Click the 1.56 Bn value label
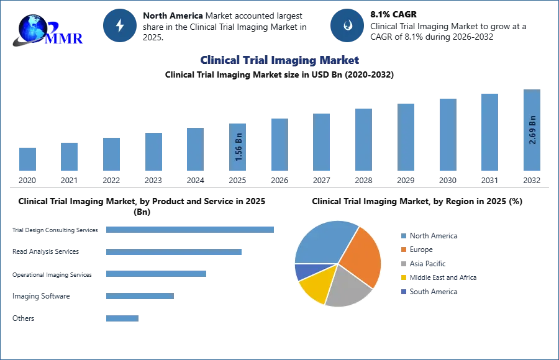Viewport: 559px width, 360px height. point(239,148)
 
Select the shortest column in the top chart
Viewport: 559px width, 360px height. point(27,160)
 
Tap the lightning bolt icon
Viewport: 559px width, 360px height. point(120,25)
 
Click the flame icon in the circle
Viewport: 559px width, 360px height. point(347,25)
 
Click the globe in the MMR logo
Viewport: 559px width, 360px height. point(32,28)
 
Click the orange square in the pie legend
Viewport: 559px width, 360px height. point(402,250)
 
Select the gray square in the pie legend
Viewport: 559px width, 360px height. point(402,264)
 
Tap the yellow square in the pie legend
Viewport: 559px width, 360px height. point(402,278)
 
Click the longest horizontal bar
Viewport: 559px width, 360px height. point(191,229)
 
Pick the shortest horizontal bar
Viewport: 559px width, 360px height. point(121,318)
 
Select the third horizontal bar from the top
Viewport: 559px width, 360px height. point(156,273)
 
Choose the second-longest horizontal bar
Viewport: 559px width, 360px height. point(173,253)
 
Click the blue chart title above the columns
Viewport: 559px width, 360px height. point(280,60)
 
